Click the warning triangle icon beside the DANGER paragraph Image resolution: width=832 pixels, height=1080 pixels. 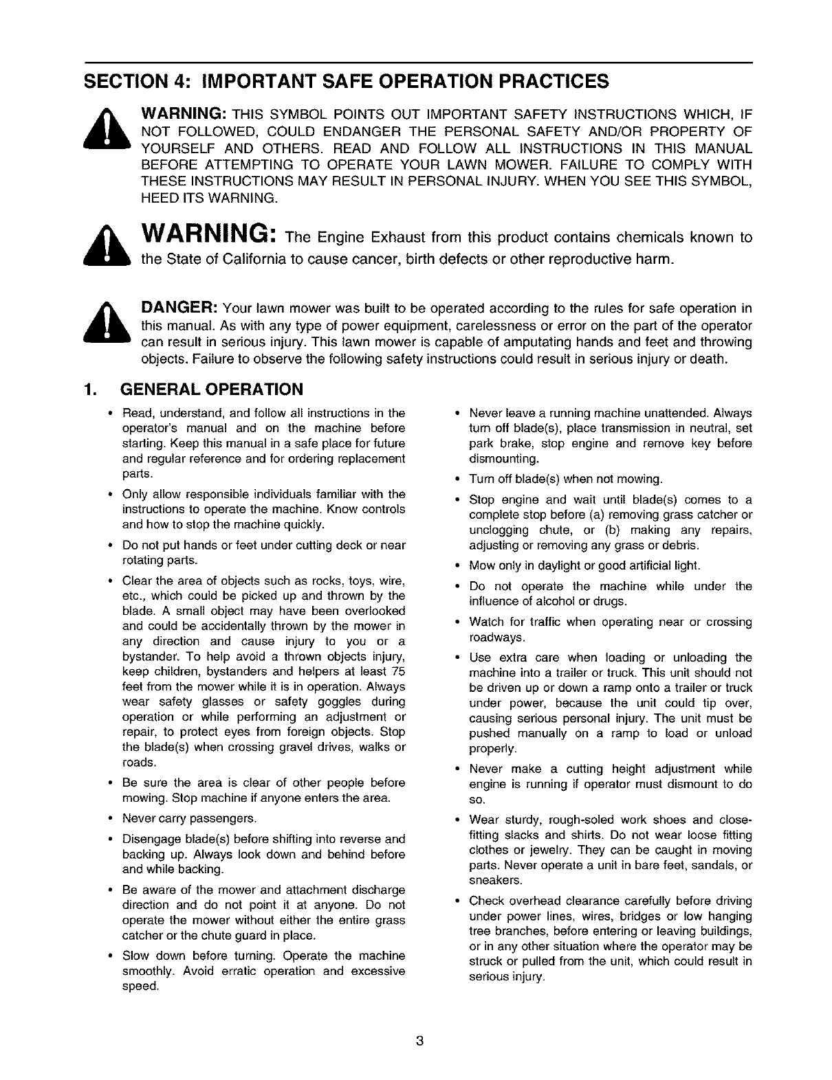pyautogui.click(x=107, y=322)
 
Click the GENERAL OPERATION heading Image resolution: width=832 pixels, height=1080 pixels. pyautogui.click(x=211, y=390)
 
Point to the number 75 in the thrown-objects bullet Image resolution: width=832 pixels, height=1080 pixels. pyautogui.click(x=398, y=672)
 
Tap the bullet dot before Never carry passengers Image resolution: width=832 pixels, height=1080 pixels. pyautogui.click(x=111, y=818)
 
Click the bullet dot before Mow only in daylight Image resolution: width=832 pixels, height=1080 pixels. pyautogui.click(x=457, y=565)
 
